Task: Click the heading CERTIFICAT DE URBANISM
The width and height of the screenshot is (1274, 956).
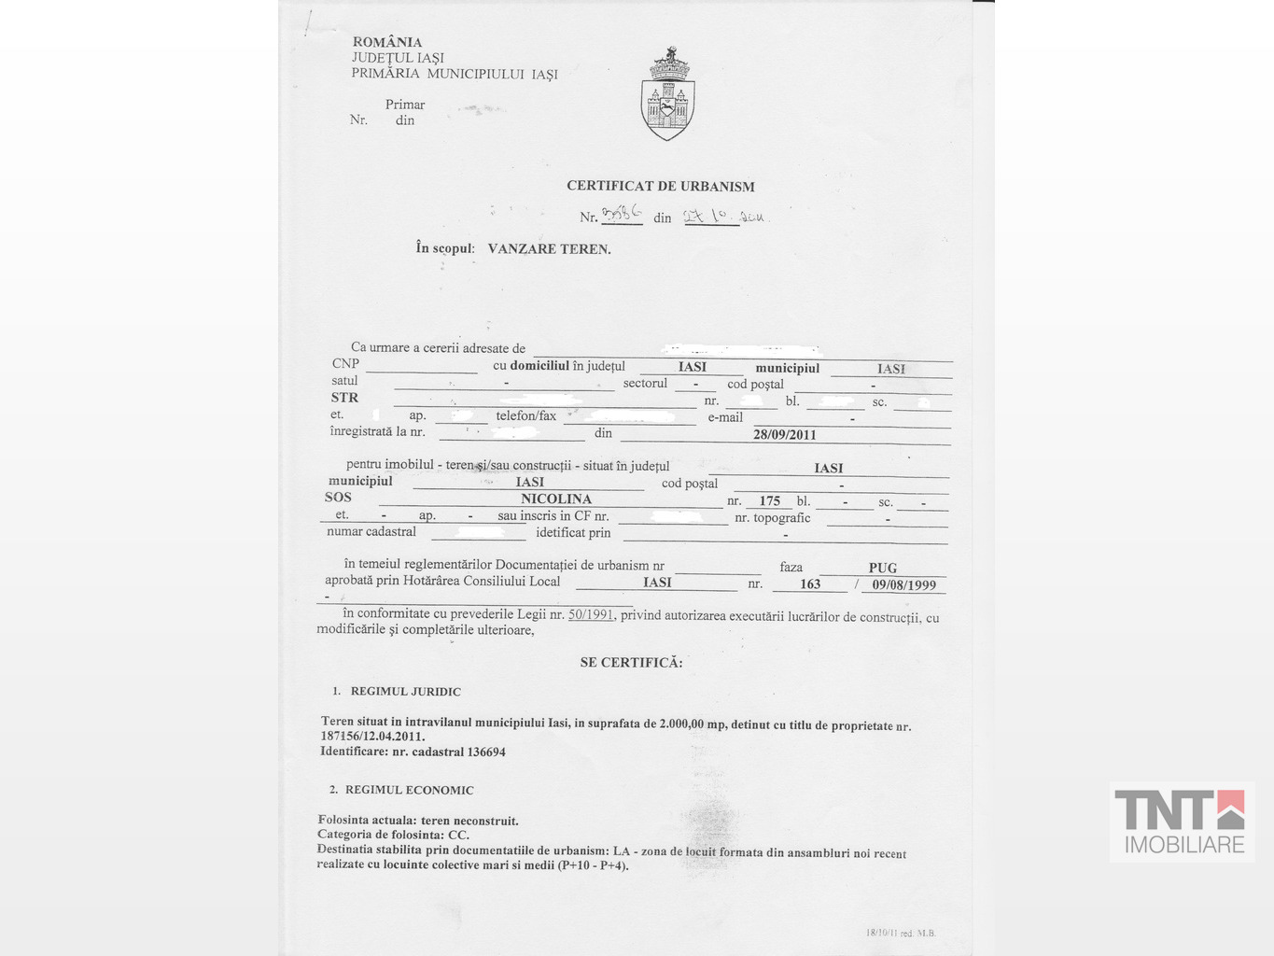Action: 660,186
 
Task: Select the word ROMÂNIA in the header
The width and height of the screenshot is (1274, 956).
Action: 387,42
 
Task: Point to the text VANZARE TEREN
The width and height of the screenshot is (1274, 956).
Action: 549,249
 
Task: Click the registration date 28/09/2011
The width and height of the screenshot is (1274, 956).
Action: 784,434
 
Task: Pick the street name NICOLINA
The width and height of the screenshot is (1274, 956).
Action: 556,499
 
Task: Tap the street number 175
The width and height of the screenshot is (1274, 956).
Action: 769,501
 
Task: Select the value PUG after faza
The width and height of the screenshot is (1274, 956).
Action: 882,568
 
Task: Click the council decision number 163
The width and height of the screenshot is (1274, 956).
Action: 810,583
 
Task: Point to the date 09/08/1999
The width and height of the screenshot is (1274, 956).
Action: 903,585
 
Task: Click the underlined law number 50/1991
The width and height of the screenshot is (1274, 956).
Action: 591,614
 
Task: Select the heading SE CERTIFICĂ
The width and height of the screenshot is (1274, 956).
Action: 631,663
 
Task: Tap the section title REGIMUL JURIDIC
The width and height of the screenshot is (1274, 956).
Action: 405,692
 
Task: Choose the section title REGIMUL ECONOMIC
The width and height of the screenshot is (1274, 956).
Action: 409,790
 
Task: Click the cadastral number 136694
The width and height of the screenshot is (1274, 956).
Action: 486,752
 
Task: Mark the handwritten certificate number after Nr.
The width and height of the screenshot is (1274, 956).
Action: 622,215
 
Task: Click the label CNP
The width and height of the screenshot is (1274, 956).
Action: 345,363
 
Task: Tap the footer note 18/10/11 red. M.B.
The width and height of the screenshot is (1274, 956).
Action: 900,933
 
